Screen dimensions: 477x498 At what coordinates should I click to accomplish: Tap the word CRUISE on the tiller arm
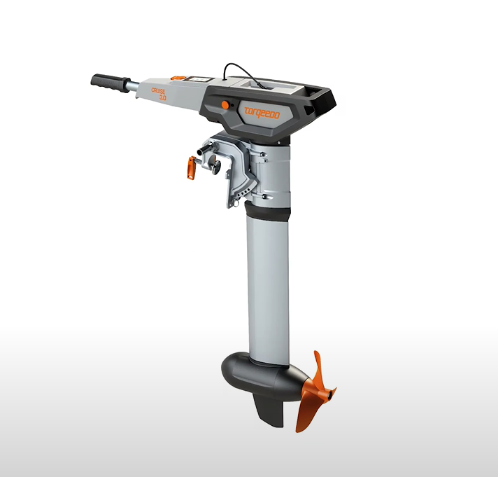click(159, 90)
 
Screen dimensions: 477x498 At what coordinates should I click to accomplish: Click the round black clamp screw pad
click(215, 166)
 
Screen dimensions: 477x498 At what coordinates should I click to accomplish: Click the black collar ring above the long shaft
click(269, 211)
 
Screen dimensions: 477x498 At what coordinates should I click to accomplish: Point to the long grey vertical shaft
click(267, 287)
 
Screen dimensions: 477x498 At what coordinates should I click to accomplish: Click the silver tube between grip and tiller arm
click(131, 86)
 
